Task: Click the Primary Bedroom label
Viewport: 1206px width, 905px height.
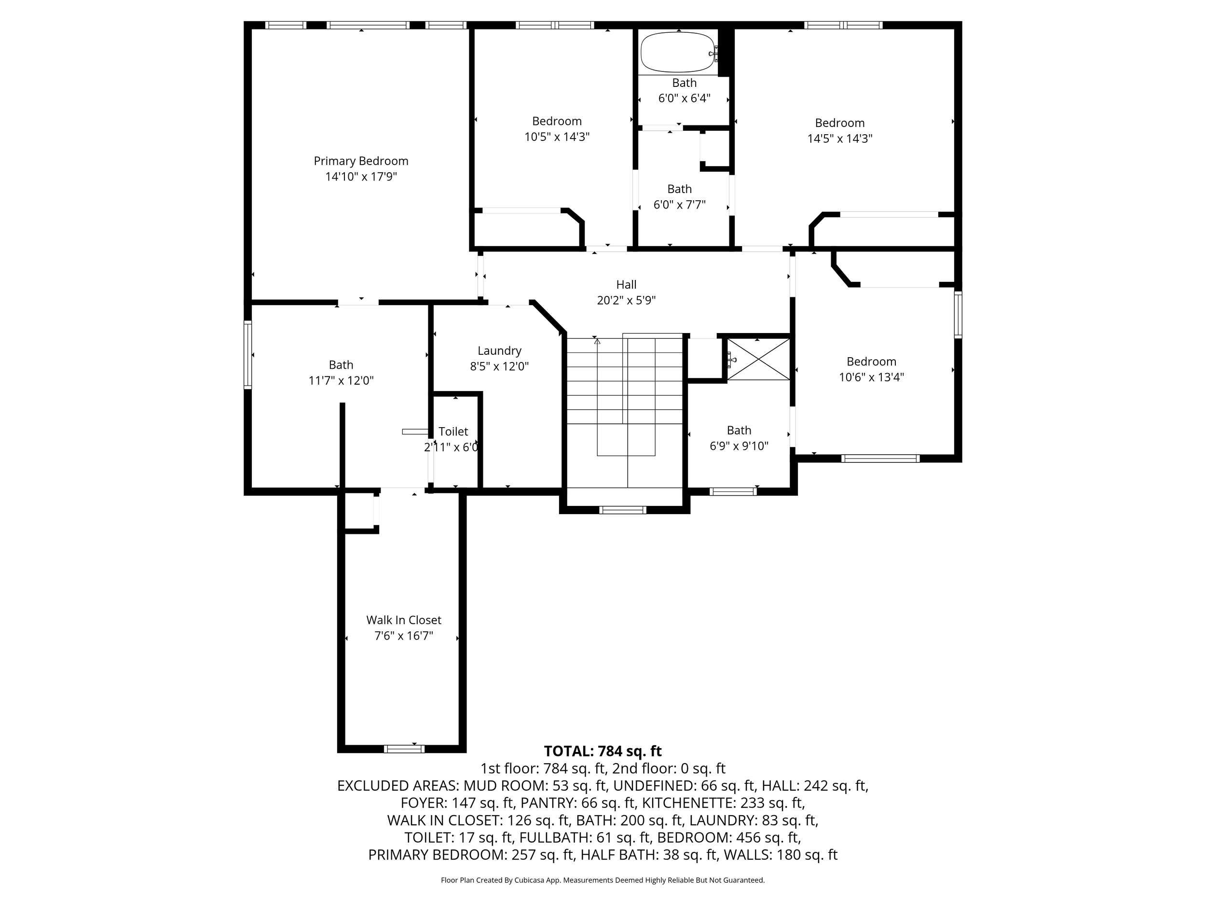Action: (361, 161)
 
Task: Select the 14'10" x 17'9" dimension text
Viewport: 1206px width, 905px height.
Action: (361, 177)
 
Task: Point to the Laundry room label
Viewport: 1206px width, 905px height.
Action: (499, 351)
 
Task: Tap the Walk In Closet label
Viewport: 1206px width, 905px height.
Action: (403, 620)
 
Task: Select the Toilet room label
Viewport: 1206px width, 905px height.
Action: (453, 432)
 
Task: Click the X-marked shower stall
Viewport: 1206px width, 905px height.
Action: (758, 359)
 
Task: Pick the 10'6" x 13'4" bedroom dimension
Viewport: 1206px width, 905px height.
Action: (871, 377)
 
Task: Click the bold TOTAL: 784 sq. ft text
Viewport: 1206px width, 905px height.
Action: (603, 751)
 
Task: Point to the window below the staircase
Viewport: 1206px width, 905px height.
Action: (622, 510)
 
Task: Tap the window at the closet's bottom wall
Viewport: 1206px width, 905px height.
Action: (404, 749)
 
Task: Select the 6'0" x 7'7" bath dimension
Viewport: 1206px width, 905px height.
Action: (679, 205)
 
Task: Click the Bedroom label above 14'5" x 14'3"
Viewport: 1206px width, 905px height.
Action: (840, 123)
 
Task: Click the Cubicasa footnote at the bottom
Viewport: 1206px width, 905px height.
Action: (603, 880)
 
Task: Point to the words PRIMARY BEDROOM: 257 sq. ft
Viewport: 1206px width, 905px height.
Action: (472, 855)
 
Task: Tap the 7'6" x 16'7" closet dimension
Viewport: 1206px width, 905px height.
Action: (403, 636)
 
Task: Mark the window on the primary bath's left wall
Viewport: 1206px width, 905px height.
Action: (247, 355)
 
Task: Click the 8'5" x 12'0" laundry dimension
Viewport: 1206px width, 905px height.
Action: (499, 366)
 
